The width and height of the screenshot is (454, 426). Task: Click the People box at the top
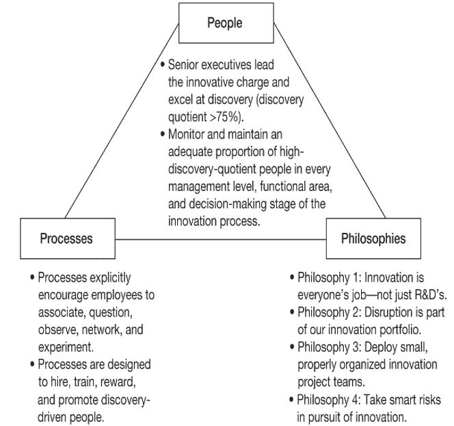[x=225, y=23]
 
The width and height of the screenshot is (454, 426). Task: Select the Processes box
[x=67, y=239]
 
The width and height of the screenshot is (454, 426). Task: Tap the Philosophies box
[x=373, y=239]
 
